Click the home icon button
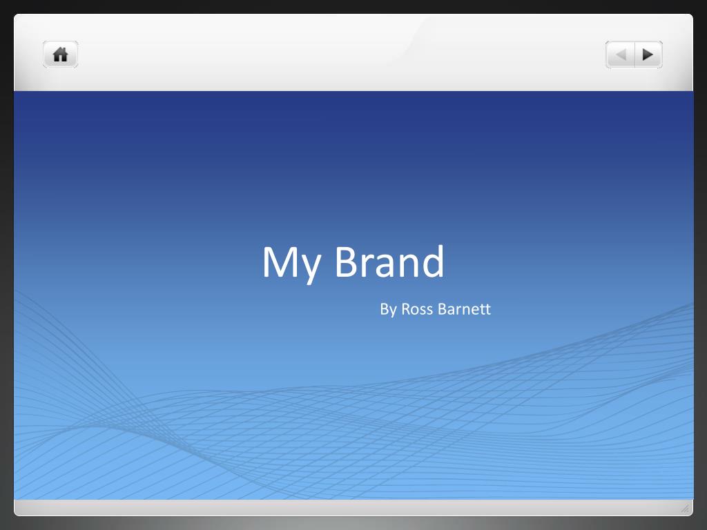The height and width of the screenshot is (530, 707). point(61,55)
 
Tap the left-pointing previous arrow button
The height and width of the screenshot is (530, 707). point(620,55)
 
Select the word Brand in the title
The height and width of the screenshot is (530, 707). point(389,261)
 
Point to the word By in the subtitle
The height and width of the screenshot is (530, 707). point(388,310)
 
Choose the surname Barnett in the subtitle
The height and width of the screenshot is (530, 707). point(465,308)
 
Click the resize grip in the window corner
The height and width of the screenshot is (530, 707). point(685,509)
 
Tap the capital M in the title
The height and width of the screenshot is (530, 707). point(280,262)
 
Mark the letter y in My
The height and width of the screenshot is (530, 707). point(311,269)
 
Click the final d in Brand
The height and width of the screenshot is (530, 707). point(433,261)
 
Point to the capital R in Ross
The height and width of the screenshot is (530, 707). point(407,309)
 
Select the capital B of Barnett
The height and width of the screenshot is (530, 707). point(443,309)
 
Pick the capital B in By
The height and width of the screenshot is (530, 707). point(384,309)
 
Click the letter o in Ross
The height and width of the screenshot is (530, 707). point(416,311)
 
